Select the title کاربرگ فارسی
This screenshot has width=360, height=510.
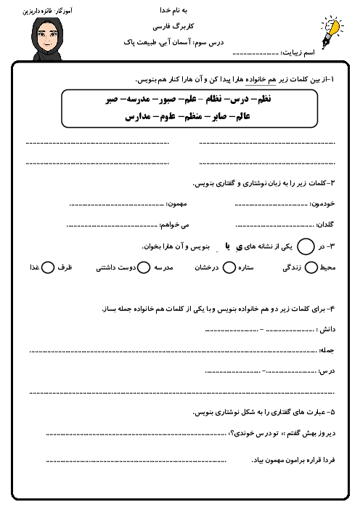(180, 26)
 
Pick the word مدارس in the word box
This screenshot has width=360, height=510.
(139, 116)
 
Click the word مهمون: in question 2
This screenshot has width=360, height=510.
(179, 203)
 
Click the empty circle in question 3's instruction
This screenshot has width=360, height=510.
(306, 247)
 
